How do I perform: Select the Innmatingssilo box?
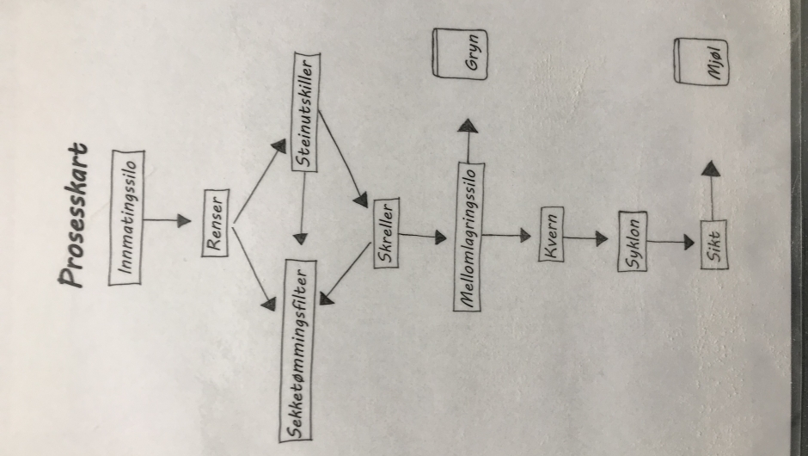click(130, 217)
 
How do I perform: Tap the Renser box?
click(217, 221)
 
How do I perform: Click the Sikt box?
click(712, 243)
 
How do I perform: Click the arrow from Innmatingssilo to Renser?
click(167, 220)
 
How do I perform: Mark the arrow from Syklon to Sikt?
click(670, 243)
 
